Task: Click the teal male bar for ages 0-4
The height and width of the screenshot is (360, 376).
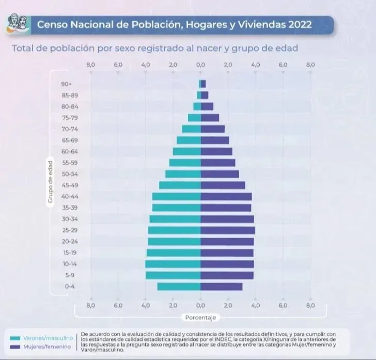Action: pyautogui.click(x=179, y=287)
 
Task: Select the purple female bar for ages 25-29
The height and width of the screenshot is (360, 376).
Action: pyautogui.click(x=228, y=230)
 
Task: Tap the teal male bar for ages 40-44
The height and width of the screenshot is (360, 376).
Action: pyautogui.click(x=176, y=197)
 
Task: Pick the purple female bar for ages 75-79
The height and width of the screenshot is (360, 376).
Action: pyautogui.click(x=210, y=118)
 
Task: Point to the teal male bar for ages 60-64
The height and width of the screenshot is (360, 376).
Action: pyautogui.click(x=186, y=151)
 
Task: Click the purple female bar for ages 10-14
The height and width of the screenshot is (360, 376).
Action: pyautogui.click(x=227, y=264)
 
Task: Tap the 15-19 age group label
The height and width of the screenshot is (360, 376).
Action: pyautogui.click(x=69, y=253)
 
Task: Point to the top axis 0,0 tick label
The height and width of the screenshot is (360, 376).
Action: pyautogui.click(x=200, y=65)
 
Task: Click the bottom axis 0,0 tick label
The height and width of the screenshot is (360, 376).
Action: pyautogui.click(x=200, y=305)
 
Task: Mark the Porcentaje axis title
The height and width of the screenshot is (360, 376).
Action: pyautogui.click(x=200, y=317)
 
